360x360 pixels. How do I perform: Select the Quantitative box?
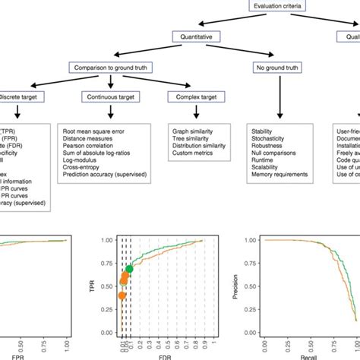[198, 36]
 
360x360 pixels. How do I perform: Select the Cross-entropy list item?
[84, 172]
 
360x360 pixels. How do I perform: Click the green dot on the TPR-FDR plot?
[130, 269]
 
